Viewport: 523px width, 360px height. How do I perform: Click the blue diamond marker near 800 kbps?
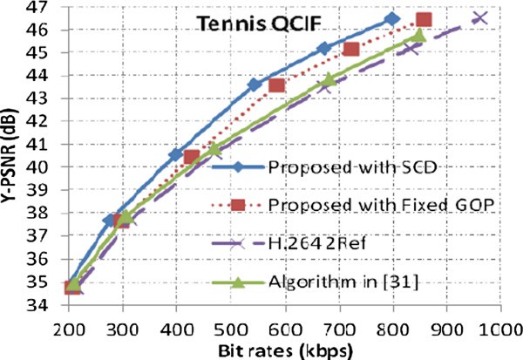coord(392,18)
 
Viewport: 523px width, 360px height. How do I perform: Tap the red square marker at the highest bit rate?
coord(424,20)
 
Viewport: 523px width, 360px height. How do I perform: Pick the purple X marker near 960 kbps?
coord(479,17)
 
